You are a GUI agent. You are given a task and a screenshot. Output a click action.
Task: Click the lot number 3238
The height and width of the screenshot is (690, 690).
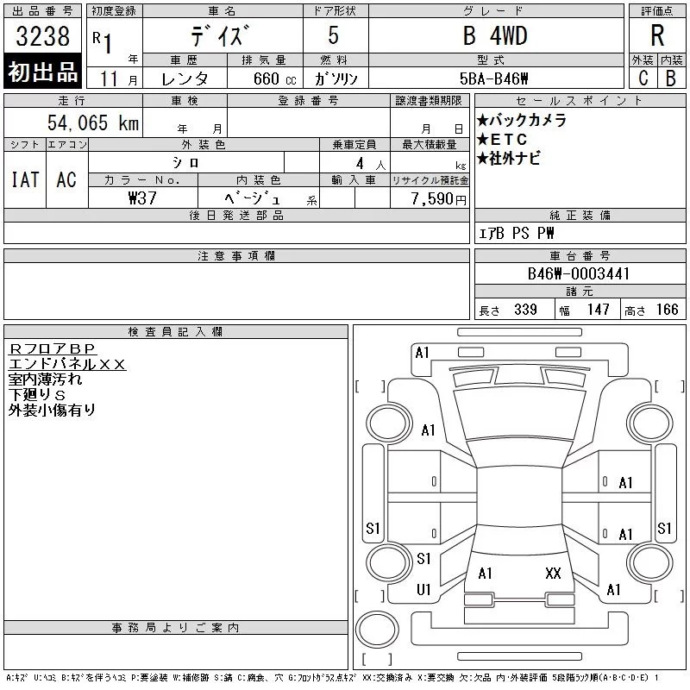pos(42,36)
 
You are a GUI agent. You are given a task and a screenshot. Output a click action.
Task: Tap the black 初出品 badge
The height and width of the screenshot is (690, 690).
pos(42,72)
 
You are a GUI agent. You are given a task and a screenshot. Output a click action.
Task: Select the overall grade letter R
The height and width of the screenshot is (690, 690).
pos(657,35)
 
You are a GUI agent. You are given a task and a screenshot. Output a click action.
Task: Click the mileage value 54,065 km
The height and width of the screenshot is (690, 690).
pos(93,122)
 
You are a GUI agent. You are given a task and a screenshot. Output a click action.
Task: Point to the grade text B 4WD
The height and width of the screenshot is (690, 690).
pos(495,35)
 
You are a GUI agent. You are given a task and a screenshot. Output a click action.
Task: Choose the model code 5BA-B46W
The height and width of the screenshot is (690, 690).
pos(493,78)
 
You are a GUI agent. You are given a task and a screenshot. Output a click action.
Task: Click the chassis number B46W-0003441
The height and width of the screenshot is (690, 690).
pos(579,273)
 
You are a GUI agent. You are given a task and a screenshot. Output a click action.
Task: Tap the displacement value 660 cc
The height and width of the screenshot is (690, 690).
pos(274,78)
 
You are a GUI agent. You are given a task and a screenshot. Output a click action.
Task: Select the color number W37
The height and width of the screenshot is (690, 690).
pos(142,198)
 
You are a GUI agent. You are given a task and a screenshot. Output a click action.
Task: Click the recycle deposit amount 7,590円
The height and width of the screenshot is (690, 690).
pos(439,199)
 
